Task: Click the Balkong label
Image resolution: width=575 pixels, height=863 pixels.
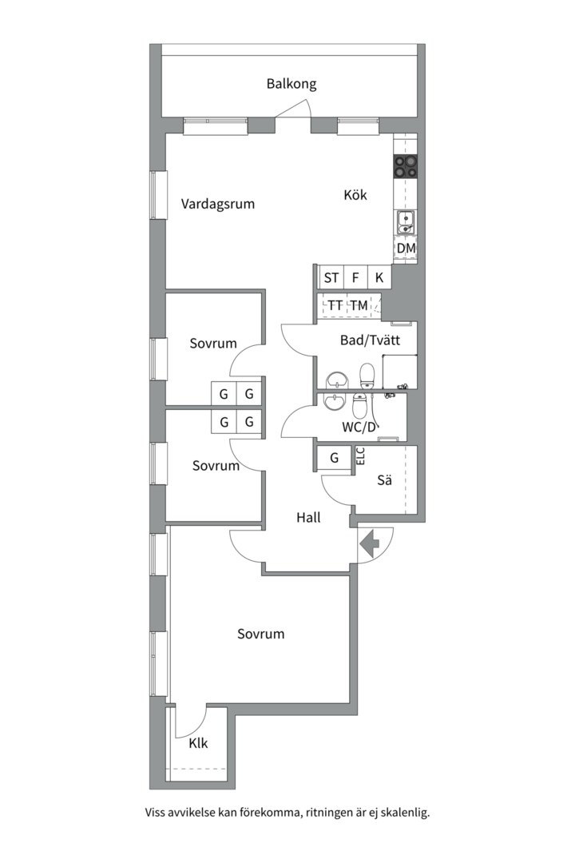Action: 291,84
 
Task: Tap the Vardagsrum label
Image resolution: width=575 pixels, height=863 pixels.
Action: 218,205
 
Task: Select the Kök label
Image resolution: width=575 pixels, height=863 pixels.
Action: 355,195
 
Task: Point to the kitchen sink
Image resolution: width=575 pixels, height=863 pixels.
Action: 406,221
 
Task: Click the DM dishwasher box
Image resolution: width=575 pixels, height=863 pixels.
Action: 406,249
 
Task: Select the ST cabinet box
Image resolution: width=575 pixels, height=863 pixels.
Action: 331,277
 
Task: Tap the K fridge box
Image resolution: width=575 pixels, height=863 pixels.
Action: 379,277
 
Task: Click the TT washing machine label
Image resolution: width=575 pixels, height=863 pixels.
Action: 335,305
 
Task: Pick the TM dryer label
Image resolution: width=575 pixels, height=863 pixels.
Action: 359,305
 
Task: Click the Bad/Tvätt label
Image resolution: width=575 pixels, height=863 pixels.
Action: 370,340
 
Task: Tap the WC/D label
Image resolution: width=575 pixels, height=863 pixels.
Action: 362,427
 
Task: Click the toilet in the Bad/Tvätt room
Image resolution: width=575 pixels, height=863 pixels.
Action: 367,376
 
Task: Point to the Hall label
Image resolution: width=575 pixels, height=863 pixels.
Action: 308,517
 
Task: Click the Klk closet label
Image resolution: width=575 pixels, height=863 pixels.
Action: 198,744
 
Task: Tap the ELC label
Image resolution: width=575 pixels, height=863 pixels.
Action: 361,456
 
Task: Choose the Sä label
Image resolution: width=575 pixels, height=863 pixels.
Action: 385,480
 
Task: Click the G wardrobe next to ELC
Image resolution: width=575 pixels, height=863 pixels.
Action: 334,458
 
